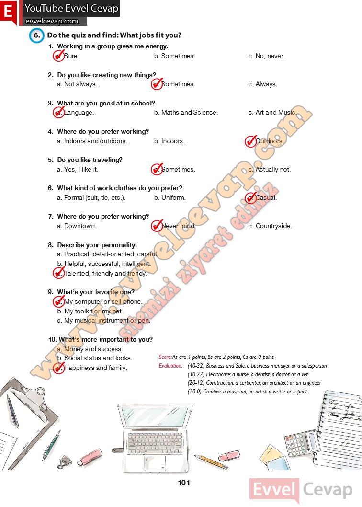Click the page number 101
pyautogui.click(x=184, y=483)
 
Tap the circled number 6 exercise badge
pyautogui.click(x=36, y=36)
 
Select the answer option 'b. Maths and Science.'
pyautogui.click(x=186, y=113)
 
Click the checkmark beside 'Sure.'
pyautogui.click(x=59, y=56)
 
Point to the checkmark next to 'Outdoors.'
pyautogui.click(x=250, y=141)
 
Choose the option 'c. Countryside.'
pyautogui.click(x=270, y=226)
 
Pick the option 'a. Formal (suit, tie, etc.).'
pyautogui.click(x=91, y=198)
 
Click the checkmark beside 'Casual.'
pyautogui.click(x=250, y=197)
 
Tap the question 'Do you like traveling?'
pyautogui.click(x=90, y=160)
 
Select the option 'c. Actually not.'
pyautogui.click(x=269, y=170)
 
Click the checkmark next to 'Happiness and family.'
pyautogui.click(x=59, y=368)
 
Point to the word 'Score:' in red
pyautogui.click(x=165, y=357)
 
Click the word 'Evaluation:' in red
pyautogui.click(x=170, y=366)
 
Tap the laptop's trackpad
pyautogui.click(x=155, y=463)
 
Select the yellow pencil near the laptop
pyautogui.click(x=211, y=462)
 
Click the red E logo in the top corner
pyautogui.click(x=8, y=12)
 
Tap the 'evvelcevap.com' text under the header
pyautogui.click(x=52, y=21)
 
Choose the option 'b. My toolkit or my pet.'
pyautogui.click(x=90, y=311)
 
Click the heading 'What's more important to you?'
pyautogui.click(x=105, y=340)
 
